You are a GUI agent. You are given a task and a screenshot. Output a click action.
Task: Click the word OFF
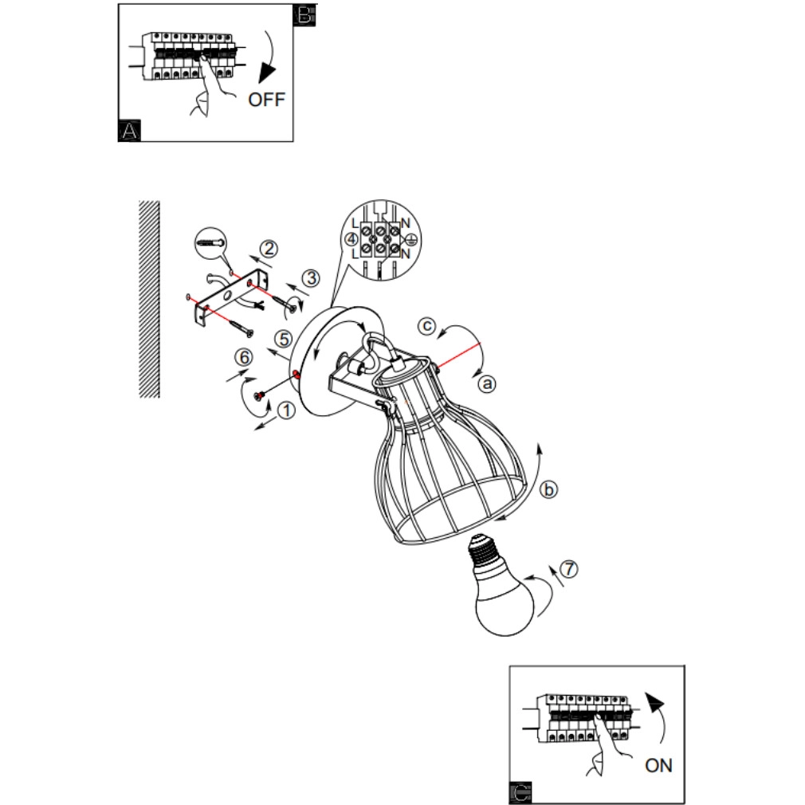pos(266,99)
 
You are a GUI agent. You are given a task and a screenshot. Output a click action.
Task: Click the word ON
pos(658,765)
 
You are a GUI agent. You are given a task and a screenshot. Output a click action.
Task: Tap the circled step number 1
pos(286,410)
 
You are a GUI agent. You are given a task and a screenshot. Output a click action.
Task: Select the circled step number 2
pos(269,249)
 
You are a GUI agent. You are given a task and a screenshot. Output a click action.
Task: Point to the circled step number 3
pos(311,278)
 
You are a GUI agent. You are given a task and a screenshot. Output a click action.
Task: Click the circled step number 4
pos(351,239)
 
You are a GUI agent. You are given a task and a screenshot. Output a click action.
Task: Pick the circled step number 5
pos(284,339)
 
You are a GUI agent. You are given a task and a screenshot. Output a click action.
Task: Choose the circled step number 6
pos(244,357)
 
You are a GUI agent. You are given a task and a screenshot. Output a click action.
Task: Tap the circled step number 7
pos(568,569)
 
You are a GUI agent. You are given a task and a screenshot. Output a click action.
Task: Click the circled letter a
pos(487,383)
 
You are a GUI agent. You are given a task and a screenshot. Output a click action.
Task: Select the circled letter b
pos(549,489)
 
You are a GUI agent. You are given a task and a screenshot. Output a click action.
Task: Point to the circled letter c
pos(426,326)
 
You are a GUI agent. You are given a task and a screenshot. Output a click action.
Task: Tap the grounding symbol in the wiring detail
pos(411,239)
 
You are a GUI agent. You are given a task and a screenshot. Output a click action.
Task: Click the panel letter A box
pos(129,131)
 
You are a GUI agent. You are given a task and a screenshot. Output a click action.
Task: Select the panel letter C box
pos(520,793)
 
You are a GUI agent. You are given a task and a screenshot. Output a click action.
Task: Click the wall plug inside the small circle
pos(210,241)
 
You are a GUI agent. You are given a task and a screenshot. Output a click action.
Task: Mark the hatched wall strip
pos(149,299)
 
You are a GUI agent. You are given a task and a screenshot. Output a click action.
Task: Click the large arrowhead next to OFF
pos(266,73)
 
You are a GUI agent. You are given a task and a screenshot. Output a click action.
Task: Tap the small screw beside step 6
pos(259,395)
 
